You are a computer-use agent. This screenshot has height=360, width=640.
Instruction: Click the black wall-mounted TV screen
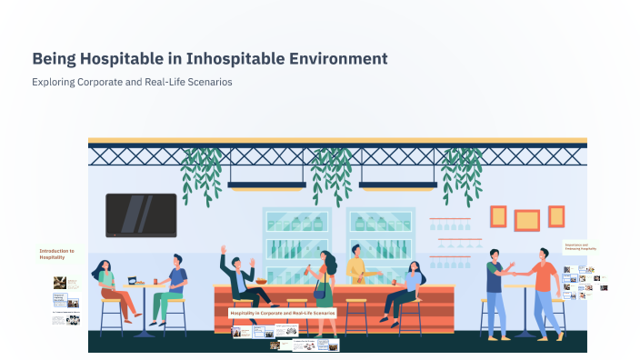click(x=141, y=215)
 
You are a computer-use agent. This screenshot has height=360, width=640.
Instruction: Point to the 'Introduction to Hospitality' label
click(x=56, y=254)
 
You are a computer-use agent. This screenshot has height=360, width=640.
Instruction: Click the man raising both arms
click(x=241, y=277)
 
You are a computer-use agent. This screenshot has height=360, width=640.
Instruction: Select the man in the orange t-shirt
click(x=544, y=286)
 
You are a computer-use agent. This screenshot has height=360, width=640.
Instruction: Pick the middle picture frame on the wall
click(x=526, y=220)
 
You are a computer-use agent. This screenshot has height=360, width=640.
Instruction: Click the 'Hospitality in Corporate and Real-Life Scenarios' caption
click(x=283, y=313)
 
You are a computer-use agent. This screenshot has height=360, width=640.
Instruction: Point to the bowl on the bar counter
click(x=261, y=282)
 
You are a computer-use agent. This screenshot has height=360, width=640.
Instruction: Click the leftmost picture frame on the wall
click(x=498, y=216)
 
